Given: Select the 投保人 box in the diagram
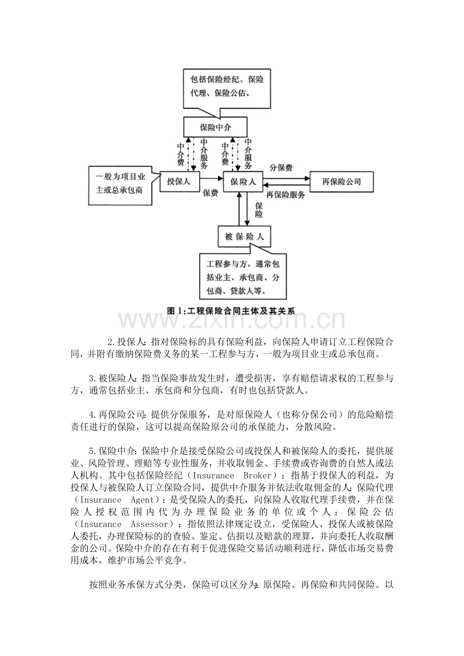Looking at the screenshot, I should tap(179, 182).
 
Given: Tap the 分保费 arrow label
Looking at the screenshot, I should tap(282, 168).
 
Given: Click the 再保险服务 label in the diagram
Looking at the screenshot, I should tap(285, 195).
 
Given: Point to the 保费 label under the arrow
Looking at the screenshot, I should tap(210, 193).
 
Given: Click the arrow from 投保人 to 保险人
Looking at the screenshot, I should tap(212, 178).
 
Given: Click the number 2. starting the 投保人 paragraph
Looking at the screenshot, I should tap(111, 343).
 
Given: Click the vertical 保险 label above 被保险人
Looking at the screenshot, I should tap(259, 210).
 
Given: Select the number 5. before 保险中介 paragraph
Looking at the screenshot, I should tap(92, 451).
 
